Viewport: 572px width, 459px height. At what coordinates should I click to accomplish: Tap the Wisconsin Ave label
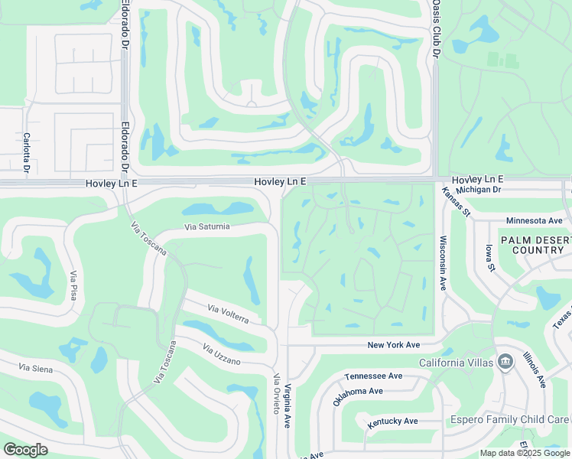pos(443,262)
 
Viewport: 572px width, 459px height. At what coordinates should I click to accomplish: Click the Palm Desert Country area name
pos(536,245)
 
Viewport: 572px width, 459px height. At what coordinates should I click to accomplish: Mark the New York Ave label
pos(394,345)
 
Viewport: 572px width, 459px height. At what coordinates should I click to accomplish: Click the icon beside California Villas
pos(505,362)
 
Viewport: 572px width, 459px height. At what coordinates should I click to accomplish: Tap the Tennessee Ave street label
pos(373,376)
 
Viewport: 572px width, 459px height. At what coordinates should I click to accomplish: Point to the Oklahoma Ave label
pos(358,396)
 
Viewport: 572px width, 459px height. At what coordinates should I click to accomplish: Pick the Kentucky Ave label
pos(392,422)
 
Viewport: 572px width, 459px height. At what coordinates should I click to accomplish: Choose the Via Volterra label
pos(229,314)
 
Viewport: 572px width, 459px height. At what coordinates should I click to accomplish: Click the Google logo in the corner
pos(25,450)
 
